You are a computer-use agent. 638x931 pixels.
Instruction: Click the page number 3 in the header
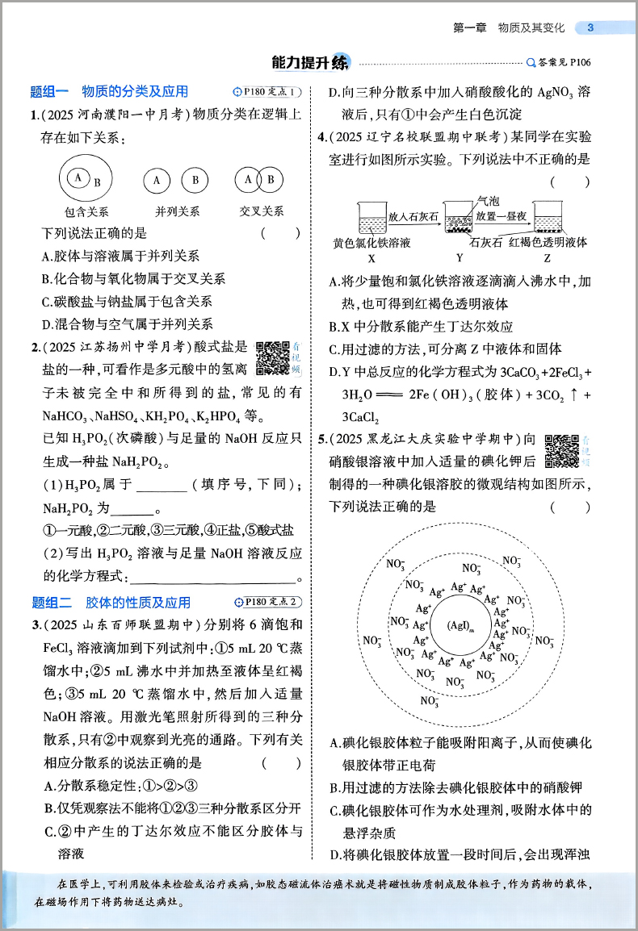coord(590,28)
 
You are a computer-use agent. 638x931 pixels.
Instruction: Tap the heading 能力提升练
coord(312,62)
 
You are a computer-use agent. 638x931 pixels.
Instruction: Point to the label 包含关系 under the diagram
coord(86,211)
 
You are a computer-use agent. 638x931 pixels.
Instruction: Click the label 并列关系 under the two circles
coord(177,211)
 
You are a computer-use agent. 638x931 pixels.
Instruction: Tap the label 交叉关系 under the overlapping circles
coord(262,211)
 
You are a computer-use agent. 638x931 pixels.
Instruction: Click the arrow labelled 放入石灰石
coord(414,217)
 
